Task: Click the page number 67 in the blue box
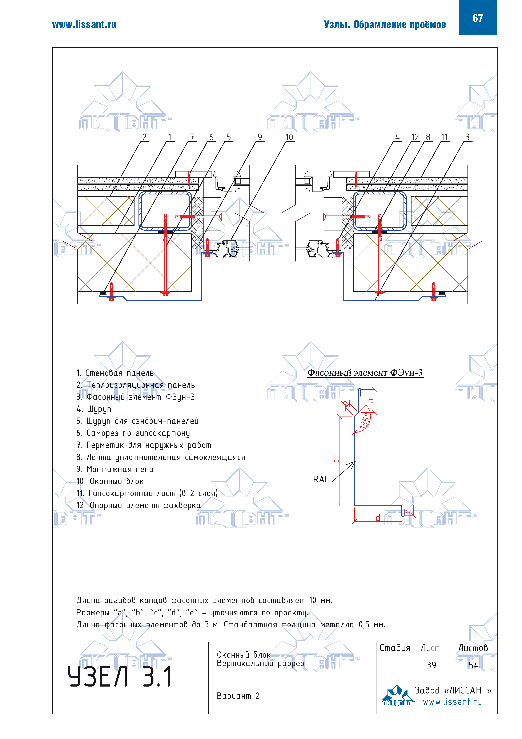point(477,18)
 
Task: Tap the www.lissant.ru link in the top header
point(84,25)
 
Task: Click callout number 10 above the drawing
point(289,137)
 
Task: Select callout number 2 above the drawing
point(144,137)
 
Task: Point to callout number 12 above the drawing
point(415,137)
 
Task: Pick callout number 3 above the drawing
point(467,137)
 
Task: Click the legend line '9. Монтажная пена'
point(115,469)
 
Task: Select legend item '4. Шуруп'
point(94,409)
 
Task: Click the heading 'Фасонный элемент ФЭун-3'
point(365,373)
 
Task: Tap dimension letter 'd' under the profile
point(378,518)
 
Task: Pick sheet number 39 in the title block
point(431,665)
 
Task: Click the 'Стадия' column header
point(395,648)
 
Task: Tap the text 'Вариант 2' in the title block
point(238,696)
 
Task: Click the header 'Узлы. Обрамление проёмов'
point(385,25)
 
